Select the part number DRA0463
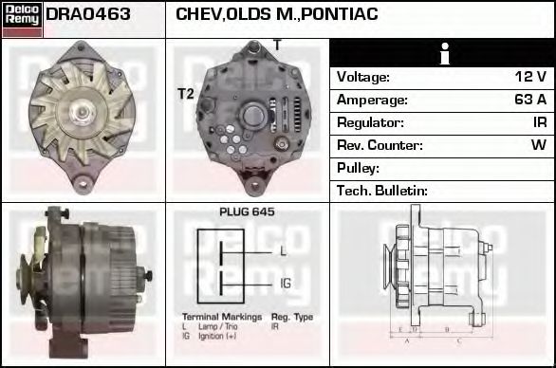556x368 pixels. tap(88, 15)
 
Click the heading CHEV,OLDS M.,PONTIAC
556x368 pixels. tap(277, 15)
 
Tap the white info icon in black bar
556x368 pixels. tap(442, 55)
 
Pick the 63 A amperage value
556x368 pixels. tap(530, 100)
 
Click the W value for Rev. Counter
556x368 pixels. tap(538, 145)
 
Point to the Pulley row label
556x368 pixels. tap(358, 168)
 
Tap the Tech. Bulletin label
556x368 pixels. tap(382, 191)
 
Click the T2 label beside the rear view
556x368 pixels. tap(185, 93)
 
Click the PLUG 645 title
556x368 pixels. tap(247, 212)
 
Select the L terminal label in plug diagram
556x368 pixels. tap(283, 251)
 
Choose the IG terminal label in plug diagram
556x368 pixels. tap(286, 284)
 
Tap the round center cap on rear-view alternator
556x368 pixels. tap(253, 116)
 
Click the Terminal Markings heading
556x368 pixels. tap(217, 315)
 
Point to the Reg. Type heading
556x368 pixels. tap(292, 315)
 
